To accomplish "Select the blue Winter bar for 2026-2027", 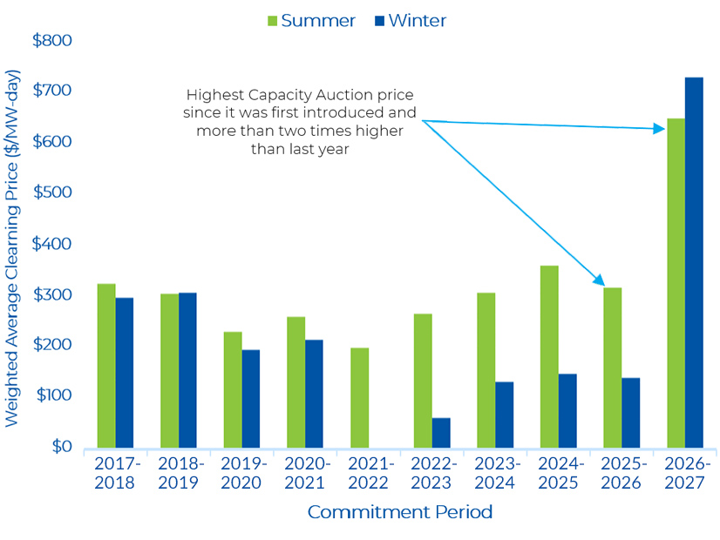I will coord(694,261).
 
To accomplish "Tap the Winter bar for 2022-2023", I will coord(442,432).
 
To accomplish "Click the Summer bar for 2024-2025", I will coord(549,356).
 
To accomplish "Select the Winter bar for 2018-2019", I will coord(187,369).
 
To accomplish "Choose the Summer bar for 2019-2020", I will coord(233,388).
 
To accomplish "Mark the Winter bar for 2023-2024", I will coord(505,414).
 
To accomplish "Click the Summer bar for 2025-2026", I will coord(612,367).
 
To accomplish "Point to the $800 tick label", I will coord(52,40).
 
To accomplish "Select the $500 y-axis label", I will coord(52,192).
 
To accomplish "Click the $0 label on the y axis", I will coord(59,446).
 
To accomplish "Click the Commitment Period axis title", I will coord(400,512).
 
